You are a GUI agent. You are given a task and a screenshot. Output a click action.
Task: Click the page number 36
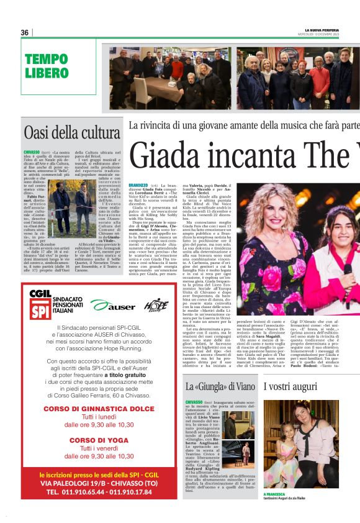click(25, 32)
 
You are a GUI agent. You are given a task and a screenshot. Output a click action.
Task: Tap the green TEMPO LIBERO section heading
click(47, 66)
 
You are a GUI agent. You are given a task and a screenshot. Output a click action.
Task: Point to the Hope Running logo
click(155, 304)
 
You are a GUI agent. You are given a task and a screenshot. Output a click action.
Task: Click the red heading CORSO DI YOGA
click(99, 423)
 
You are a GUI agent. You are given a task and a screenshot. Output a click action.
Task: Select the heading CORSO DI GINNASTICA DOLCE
click(99, 391)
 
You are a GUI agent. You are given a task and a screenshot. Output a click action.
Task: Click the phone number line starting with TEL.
click(99, 490)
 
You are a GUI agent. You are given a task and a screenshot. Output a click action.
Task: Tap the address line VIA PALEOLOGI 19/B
click(99, 481)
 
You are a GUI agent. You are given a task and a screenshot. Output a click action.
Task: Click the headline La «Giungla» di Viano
click(220, 386)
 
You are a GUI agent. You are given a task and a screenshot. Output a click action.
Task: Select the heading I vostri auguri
click(290, 386)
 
